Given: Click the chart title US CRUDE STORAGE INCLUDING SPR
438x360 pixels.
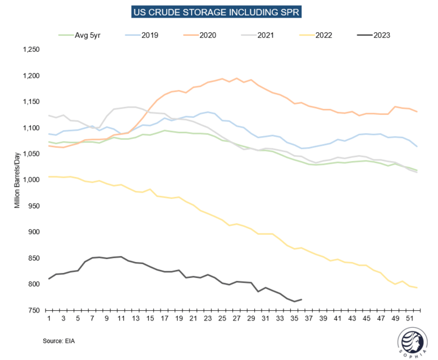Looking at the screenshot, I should [218, 12].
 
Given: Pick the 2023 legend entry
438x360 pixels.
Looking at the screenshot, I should [377, 35].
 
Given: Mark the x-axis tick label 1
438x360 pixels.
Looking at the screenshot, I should [49, 319].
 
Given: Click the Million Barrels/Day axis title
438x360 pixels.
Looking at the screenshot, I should [18, 180].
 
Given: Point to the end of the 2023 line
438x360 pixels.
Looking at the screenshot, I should [302, 299].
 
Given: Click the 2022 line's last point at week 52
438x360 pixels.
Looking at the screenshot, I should [417, 288].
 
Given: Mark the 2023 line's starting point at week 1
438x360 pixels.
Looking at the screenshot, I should [49, 279].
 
